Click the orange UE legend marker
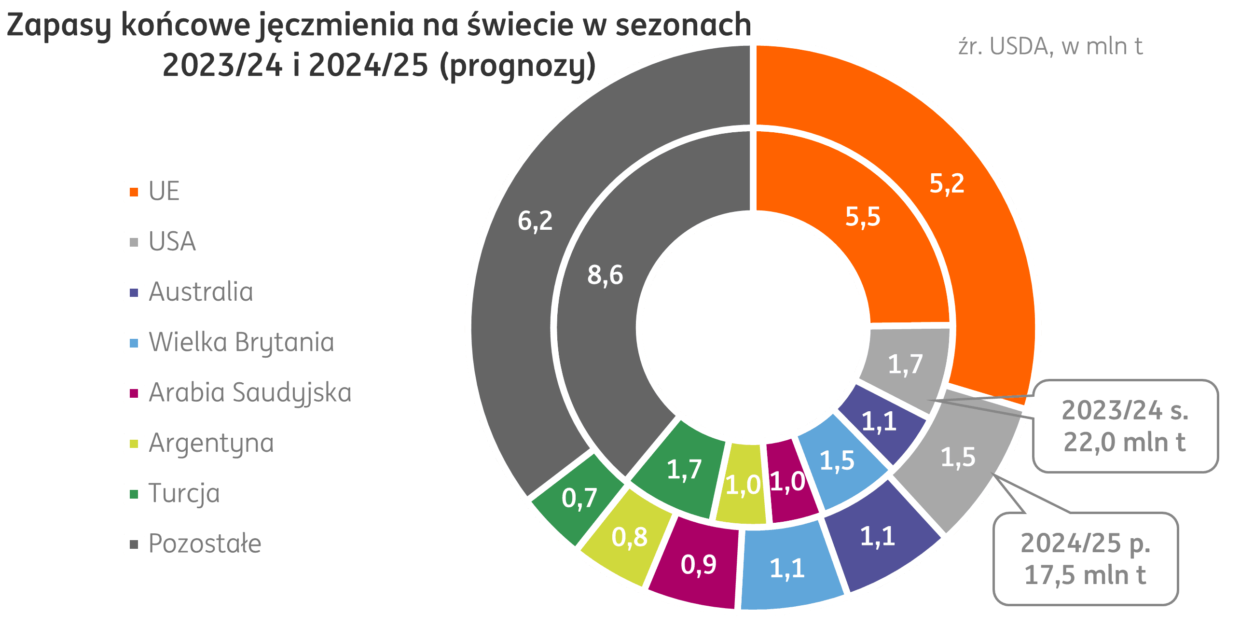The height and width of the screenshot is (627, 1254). [x=134, y=192]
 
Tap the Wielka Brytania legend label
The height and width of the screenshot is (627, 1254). [x=241, y=343]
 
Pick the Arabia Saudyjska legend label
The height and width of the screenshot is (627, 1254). [x=250, y=393]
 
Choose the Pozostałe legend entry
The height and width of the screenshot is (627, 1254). [x=205, y=544]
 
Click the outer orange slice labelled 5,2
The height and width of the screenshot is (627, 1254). [x=946, y=184]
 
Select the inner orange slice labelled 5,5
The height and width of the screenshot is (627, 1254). [x=863, y=217]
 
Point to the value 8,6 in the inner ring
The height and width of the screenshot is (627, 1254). [x=605, y=275]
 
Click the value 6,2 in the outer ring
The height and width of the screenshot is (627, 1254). [x=535, y=222]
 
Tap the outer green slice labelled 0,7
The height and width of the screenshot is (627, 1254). [x=579, y=499]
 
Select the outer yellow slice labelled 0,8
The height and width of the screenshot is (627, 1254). [x=629, y=537]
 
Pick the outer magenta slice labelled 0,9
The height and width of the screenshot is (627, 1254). [x=698, y=565]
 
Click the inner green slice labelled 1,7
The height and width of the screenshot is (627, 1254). [x=684, y=470]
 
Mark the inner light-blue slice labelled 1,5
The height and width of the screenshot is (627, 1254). [x=837, y=460]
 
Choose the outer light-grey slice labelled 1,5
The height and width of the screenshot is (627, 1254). [x=958, y=458]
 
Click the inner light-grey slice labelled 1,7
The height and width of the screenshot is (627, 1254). [x=905, y=364]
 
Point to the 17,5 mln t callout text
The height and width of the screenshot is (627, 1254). [x=1085, y=575]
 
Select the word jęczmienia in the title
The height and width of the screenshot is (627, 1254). [x=336, y=25]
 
